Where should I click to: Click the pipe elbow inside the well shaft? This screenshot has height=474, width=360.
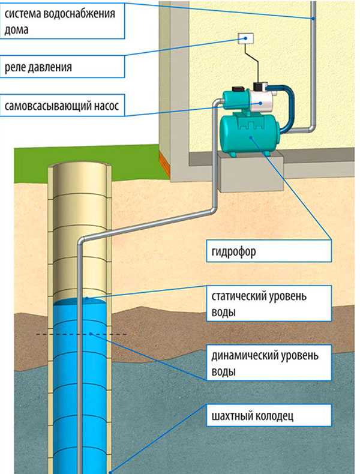tap(82, 241)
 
